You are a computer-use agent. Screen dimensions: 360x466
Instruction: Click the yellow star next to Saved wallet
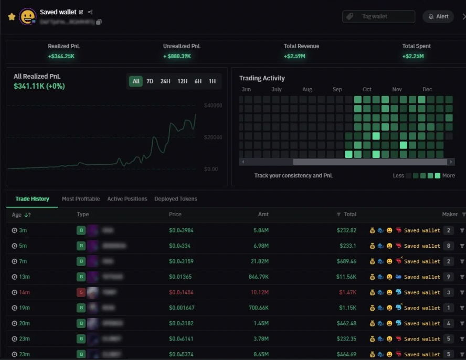pos(12,17)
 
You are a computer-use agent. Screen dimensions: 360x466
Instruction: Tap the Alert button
pos(438,17)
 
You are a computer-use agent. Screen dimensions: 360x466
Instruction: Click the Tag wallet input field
pos(378,17)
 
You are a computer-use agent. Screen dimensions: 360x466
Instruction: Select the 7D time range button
pos(150,81)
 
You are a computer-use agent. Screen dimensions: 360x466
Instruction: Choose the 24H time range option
pos(165,81)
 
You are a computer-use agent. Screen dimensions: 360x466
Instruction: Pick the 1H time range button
pos(212,81)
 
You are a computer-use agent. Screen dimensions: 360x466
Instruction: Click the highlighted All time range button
pos(136,81)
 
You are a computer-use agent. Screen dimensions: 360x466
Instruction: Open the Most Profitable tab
pos(81,199)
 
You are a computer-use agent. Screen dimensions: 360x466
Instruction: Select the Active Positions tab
pos(127,199)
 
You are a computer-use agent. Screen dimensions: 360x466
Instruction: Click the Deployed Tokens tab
pos(176,199)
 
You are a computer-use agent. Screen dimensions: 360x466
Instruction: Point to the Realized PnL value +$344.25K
pos(61,56)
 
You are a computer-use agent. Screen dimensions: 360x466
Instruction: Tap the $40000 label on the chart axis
pos(213,105)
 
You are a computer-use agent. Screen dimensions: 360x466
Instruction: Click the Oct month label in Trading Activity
pos(367,90)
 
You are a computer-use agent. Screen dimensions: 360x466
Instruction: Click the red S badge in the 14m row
pos(81,292)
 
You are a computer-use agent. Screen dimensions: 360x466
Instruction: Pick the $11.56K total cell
pos(346,277)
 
